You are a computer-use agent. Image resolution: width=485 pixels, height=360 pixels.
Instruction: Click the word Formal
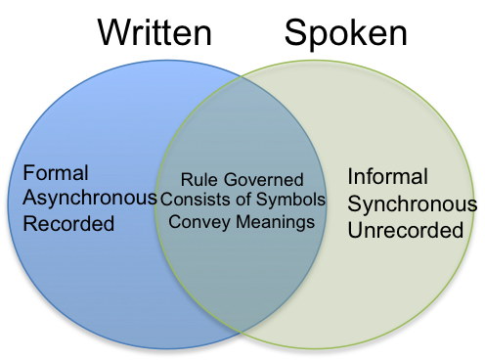click(x=55, y=173)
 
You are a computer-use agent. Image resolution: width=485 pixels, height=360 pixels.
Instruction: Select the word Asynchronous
click(x=89, y=199)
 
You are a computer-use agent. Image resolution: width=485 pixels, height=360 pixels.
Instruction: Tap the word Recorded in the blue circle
click(x=68, y=224)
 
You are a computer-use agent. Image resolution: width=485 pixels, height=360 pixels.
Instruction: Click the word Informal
click(x=387, y=177)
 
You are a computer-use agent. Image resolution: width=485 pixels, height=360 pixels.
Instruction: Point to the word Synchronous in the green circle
click(x=412, y=204)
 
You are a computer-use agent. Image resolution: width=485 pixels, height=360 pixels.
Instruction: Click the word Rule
click(x=199, y=180)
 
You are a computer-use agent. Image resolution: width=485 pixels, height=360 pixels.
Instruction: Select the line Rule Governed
click(x=242, y=180)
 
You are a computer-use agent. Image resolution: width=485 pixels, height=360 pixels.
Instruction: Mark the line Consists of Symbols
click(x=242, y=201)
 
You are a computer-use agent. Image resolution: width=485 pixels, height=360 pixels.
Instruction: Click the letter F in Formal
click(x=28, y=173)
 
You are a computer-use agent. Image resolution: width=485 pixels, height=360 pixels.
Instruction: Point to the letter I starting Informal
click(x=351, y=177)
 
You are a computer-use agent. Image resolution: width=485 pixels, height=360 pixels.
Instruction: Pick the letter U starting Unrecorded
click(x=355, y=231)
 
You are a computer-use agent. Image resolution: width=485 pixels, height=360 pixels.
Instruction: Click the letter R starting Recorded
click(x=29, y=224)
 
